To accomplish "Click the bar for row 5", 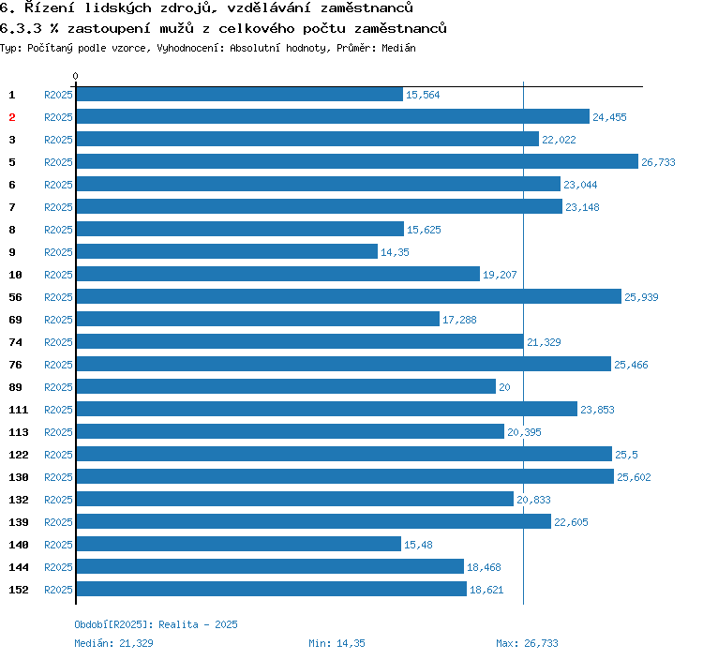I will coord(356,162).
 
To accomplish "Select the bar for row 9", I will coord(227,252).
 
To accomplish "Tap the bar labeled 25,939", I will coord(349,297).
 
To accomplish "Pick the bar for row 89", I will coord(286,387).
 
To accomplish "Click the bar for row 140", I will coord(239,545).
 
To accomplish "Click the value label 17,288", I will coord(459,320).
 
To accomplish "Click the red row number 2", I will coord(12,117).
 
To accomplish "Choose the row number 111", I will coord(19,410).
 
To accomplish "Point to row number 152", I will coord(19,590).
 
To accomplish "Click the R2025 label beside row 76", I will coord(58,365).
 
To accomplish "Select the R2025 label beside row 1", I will coord(58,95).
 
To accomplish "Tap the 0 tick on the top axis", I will coord(76,77).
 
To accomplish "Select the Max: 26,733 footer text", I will coord(527,643).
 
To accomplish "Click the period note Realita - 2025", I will coord(198,624).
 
